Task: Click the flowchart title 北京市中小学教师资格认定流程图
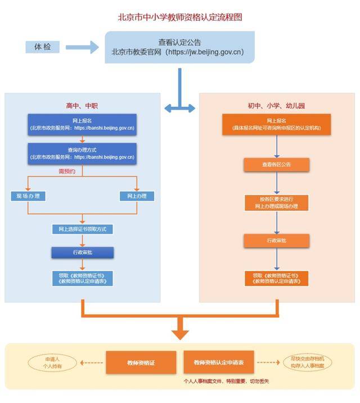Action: pyautogui.click(x=179, y=17)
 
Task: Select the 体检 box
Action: pyautogui.click(x=43, y=47)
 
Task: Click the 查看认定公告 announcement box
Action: pyautogui.click(x=179, y=47)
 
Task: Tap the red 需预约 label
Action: pyautogui.click(x=66, y=170)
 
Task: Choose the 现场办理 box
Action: pyautogui.click(x=28, y=196)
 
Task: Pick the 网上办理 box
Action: pyautogui.click(x=137, y=196)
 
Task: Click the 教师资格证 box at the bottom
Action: pyautogui.click(x=141, y=363)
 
